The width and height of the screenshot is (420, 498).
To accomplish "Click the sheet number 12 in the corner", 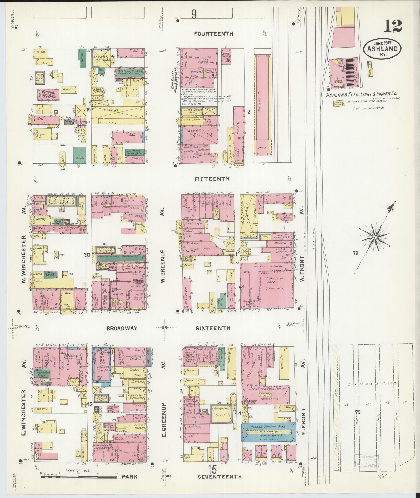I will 392,26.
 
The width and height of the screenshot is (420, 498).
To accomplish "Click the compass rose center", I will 374,237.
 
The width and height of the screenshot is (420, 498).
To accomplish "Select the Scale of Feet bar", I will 78,476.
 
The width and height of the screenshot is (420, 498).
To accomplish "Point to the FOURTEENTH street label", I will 214,34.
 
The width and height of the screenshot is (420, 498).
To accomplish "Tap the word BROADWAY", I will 122,329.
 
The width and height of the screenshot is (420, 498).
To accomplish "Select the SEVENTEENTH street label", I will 220,477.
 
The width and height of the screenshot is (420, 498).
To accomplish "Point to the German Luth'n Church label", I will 49,93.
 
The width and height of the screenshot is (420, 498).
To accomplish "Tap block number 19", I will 88,110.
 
